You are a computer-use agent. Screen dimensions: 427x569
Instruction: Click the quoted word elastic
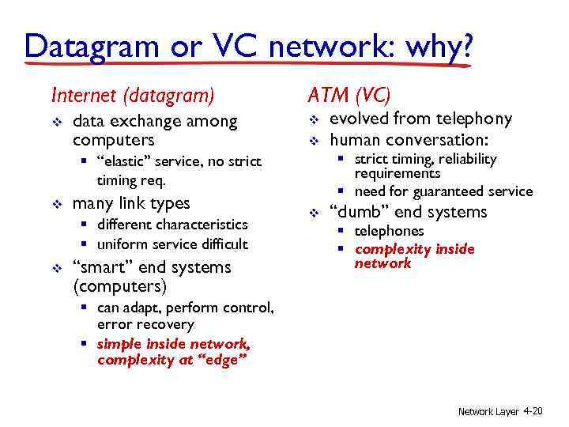[124, 162]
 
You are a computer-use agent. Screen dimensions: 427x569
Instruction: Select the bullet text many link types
[131, 204]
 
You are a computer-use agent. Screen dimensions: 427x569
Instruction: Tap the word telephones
[389, 232]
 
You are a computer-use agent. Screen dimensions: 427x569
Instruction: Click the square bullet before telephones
[343, 232]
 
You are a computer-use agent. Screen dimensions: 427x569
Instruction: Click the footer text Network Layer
[488, 412]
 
